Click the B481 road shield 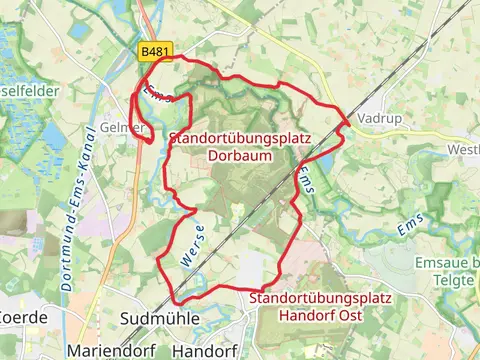(155, 50)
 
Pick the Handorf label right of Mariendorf (204, 351)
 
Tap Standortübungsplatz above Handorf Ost (321, 298)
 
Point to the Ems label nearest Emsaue (410, 229)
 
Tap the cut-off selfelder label (30, 90)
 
